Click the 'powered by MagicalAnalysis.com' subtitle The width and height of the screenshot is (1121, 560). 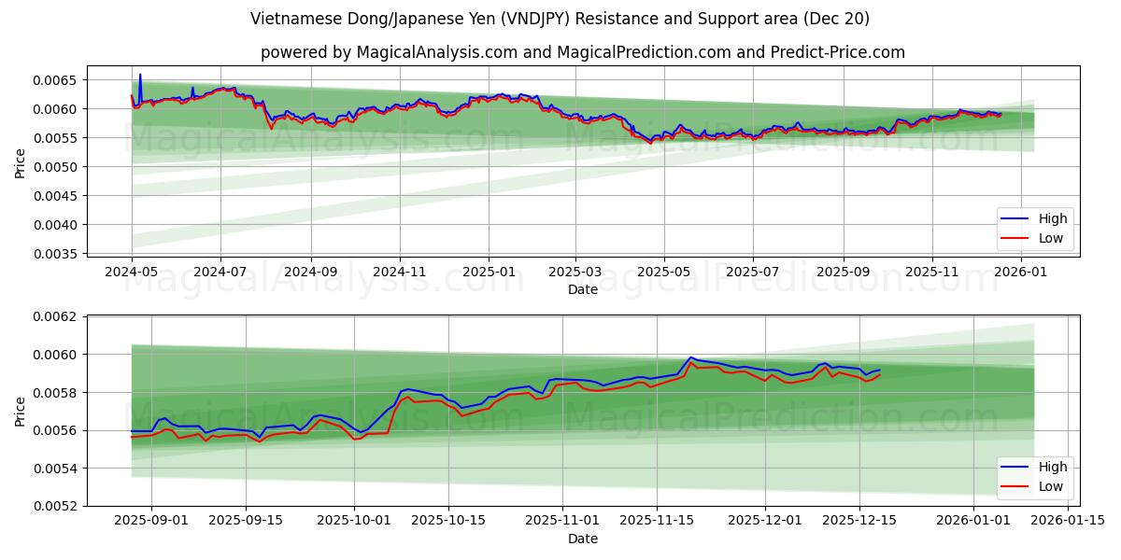582,52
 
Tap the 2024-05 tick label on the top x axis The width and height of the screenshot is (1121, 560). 132,272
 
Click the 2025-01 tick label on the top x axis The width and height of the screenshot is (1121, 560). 489,272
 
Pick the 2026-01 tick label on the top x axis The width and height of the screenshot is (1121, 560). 1021,272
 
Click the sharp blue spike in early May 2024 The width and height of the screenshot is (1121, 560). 140,75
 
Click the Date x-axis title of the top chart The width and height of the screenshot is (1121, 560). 583,289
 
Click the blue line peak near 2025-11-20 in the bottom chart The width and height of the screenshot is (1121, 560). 691,357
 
